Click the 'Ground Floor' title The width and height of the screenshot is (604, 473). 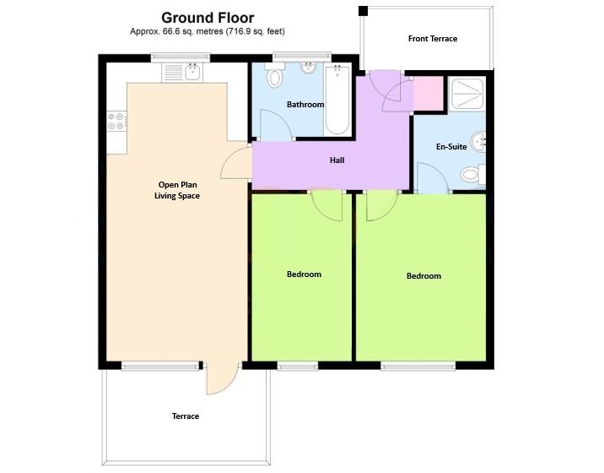pos(207,17)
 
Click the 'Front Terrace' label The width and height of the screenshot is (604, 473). pos(432,39)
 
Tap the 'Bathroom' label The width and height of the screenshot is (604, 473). pos(305,105)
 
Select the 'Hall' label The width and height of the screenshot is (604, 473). pos(337,160)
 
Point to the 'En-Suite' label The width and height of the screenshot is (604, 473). pos(451,147)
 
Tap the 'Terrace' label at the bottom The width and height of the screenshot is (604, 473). pos(186,416)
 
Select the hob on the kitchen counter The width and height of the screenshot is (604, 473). pos(116,123)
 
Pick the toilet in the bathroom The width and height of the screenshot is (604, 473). pos(274,78)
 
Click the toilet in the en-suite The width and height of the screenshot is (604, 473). pos(472,175)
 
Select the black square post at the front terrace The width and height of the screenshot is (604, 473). pos(363,11)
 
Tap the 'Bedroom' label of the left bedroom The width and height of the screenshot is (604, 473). pos(304,275)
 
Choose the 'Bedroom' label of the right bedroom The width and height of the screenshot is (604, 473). pos(423,276)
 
